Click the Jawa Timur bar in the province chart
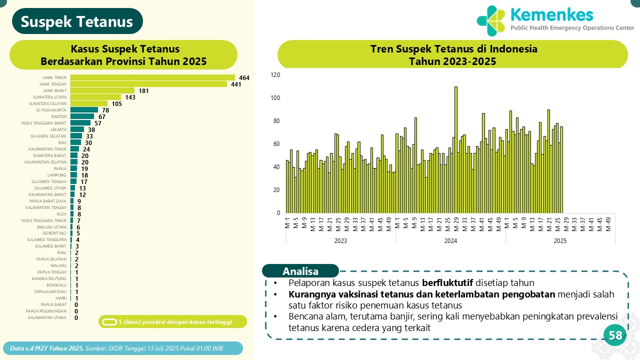point(152,77)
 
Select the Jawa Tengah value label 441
point(236,84)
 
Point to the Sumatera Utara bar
point(95,97)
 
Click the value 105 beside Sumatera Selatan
point(116,103)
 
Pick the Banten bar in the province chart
point(82,116)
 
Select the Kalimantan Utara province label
point(47,317)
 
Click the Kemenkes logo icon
point(491,21)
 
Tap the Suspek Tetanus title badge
point(77,21)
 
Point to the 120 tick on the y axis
point(275,75)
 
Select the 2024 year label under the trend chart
point(450,240)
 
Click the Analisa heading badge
point(300,271)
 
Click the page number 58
point(615,335)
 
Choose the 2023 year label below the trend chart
point(340,240)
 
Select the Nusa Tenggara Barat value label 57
point(98,123)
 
